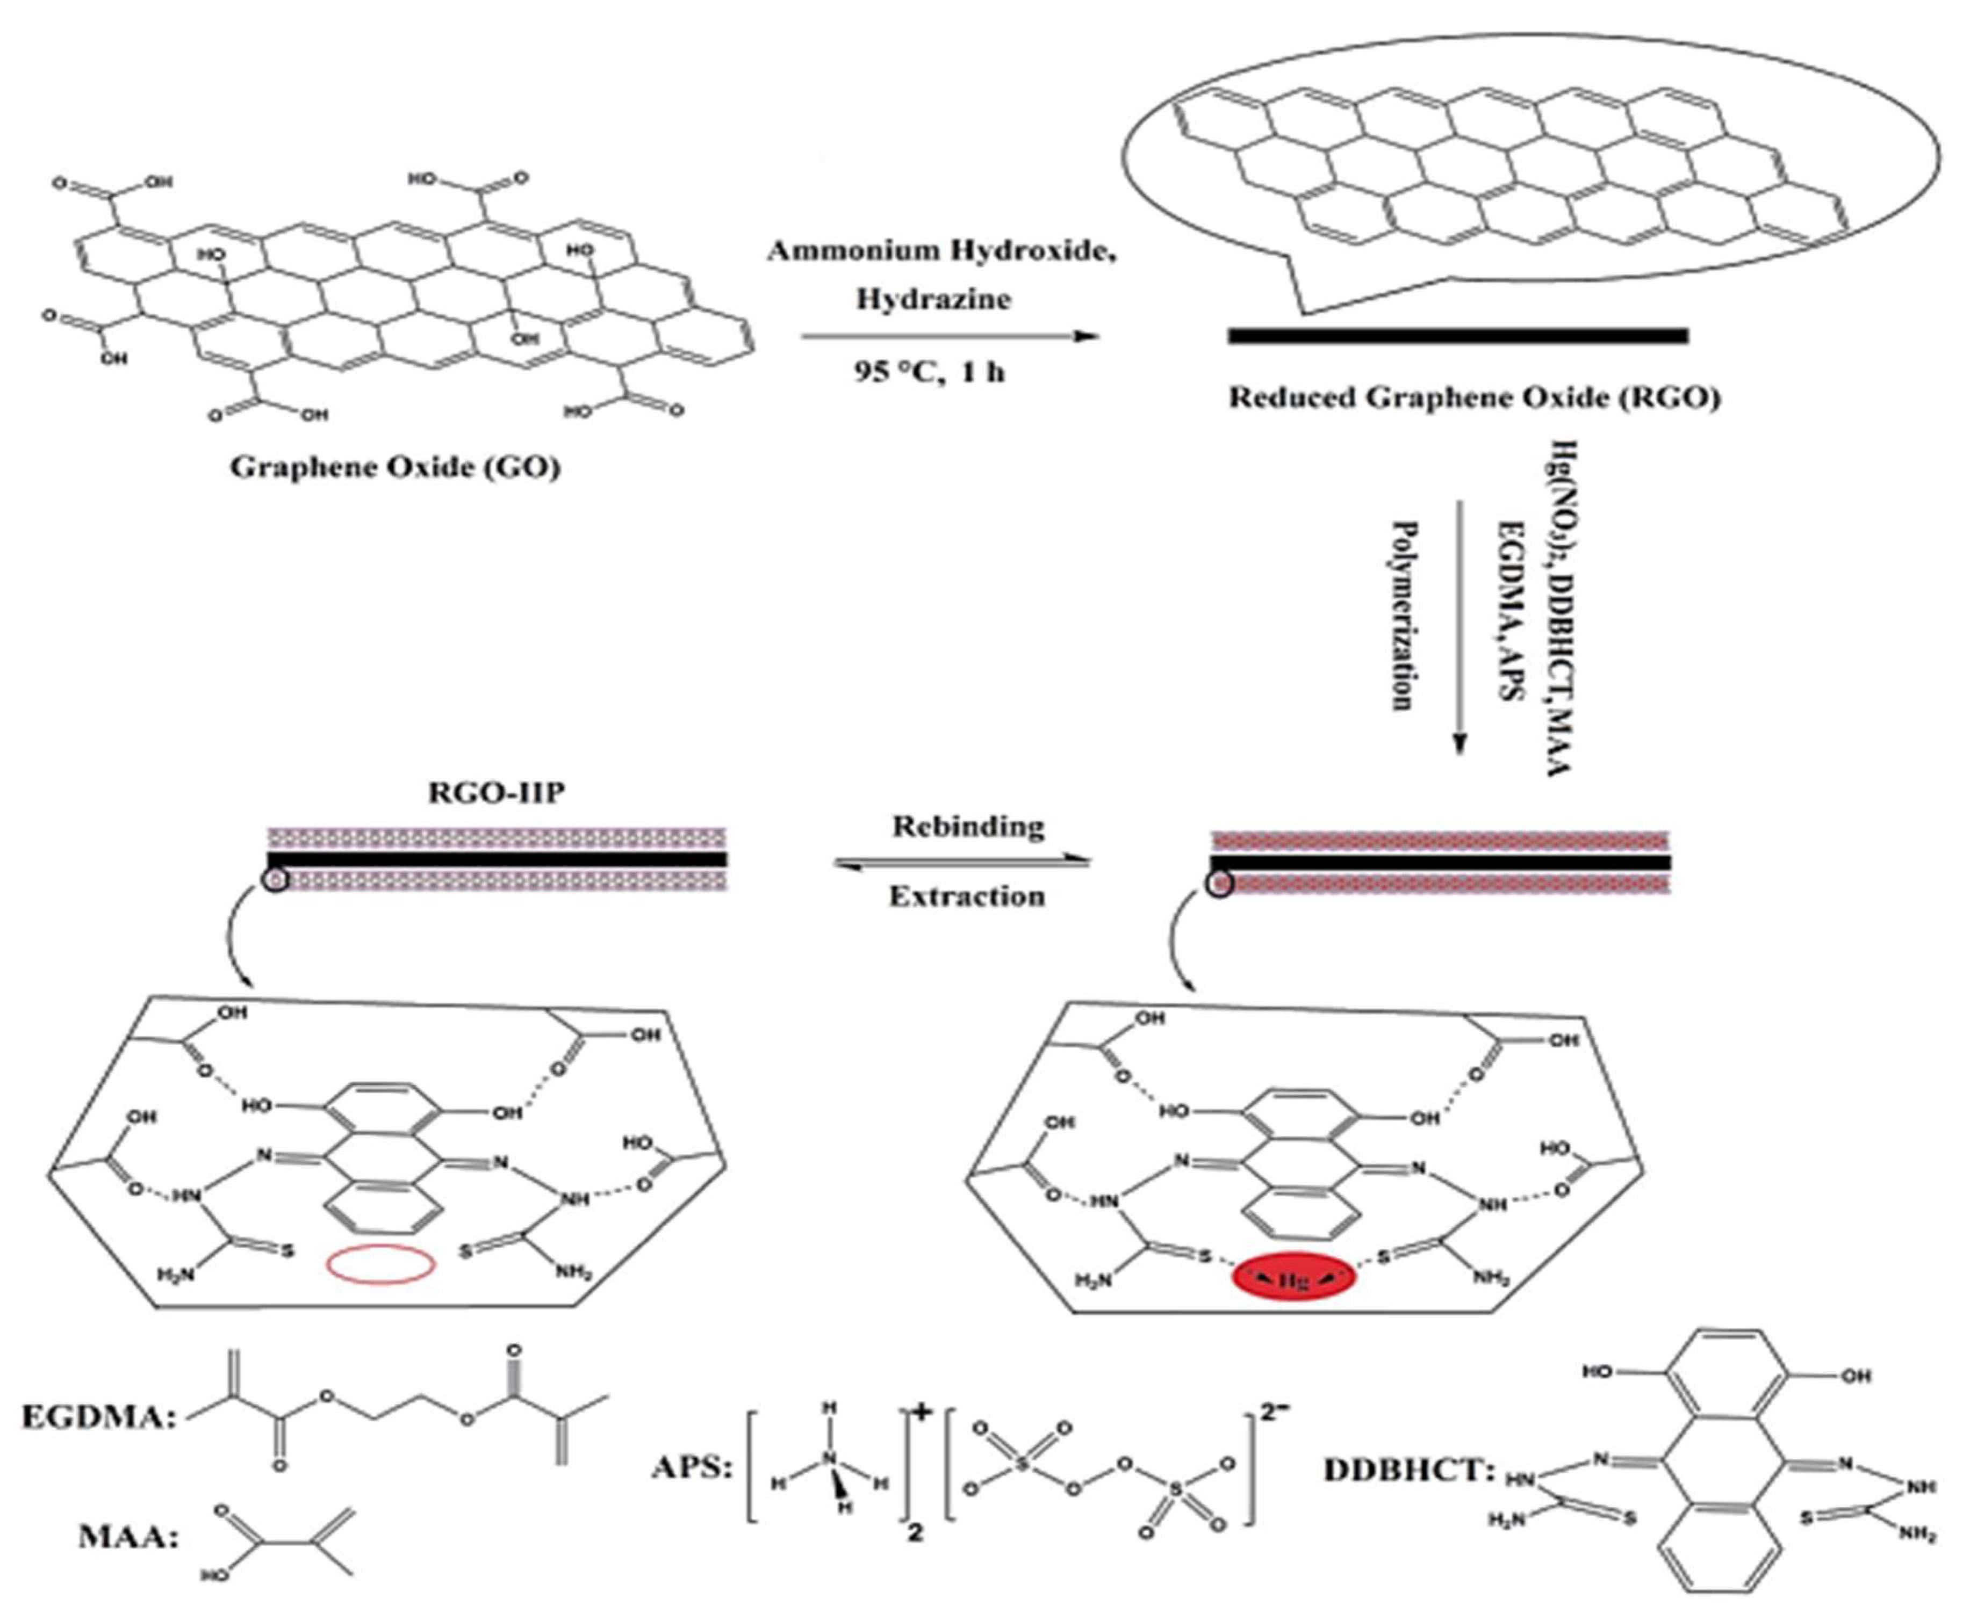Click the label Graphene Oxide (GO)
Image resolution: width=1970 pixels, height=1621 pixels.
(x=395, y=466)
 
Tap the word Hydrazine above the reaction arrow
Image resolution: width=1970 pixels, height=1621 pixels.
(x=933, y=300)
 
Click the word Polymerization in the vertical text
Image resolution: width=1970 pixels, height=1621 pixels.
(x=1401, y=616)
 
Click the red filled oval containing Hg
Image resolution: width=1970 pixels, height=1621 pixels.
(x=1293, y=1281)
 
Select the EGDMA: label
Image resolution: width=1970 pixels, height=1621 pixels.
(x=99, y=1417)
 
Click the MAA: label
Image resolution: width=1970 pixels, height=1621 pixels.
(x=128, y=1538)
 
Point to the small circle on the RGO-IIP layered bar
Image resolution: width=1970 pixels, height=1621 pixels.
(x=276, y=880)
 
